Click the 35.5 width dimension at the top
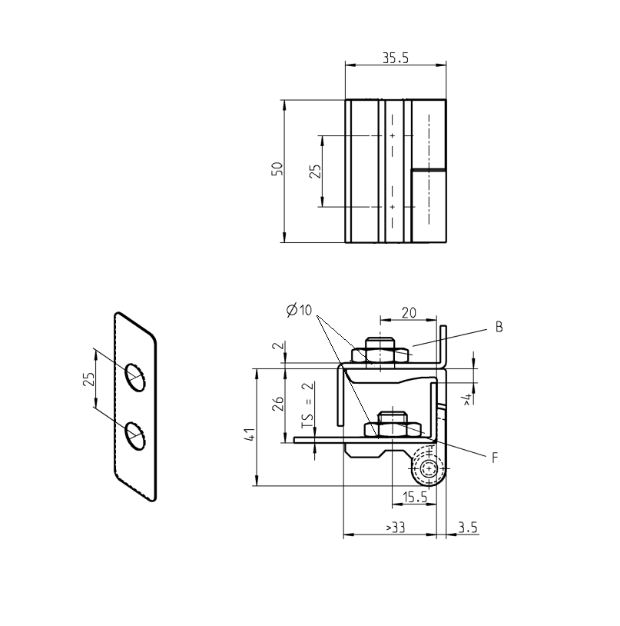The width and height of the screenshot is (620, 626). pos(395,58)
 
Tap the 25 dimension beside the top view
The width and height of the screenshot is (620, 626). pos(314,171)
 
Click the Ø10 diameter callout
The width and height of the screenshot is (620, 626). pos(299,311)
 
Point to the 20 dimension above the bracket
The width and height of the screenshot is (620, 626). pos(409,313)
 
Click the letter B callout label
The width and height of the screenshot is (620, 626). pos(499,327)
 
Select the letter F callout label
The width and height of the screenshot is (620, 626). pos(496,457)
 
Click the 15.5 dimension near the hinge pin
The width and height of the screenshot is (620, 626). pos(414,498)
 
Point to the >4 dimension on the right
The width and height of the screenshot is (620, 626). pos(467,398)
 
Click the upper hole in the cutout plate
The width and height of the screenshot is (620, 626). pos(136,377)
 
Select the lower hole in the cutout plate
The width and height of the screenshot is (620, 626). pos(136,435)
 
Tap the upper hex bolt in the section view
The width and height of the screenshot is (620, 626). pos(380,351)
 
